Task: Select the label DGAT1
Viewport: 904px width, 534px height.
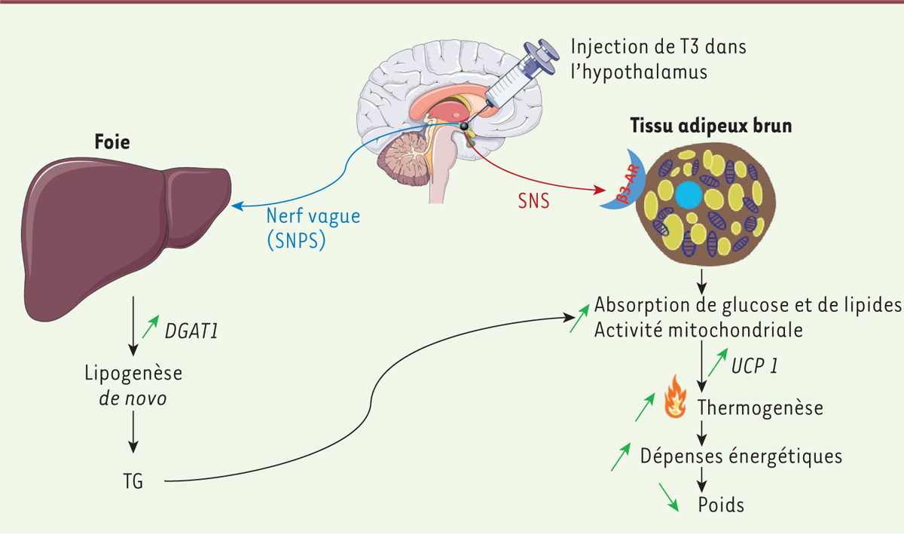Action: coord(192,328)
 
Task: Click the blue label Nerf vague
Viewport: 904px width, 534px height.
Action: coord(313,216)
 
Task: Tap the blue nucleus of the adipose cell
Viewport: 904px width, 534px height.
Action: coord(688,195)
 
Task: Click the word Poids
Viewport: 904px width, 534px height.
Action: coord(721,504)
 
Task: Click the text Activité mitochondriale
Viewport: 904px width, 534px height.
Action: coord(698,330)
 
